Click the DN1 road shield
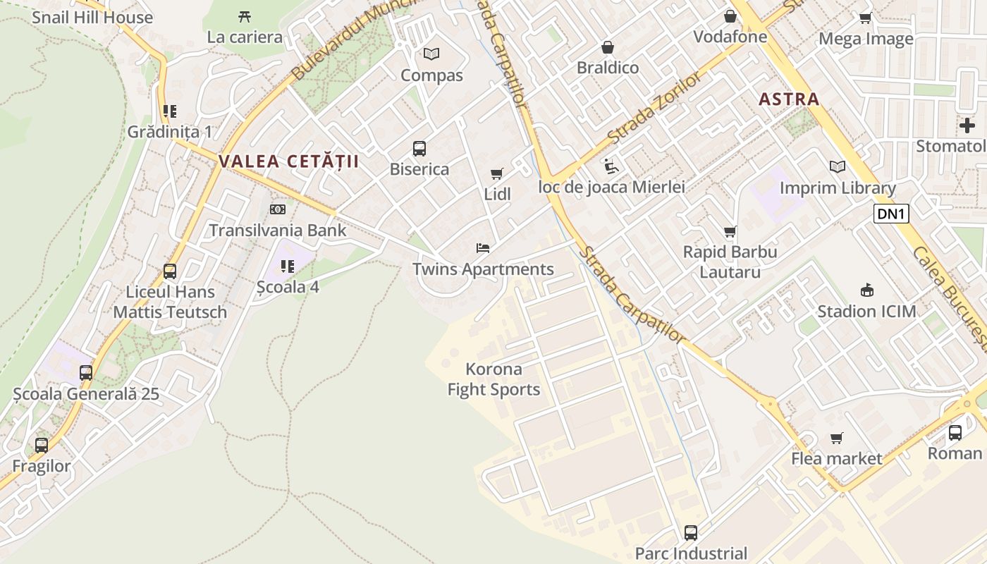coord(891,214)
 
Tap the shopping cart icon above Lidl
coord(497,173)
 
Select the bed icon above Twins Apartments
coord(483,248)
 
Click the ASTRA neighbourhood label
coord(789,99)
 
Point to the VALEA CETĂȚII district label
coord(288,161)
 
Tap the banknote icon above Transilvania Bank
coord(278,209)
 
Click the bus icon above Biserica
coord(419,149)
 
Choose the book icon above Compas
coord(431,54)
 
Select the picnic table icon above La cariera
coord(245,16)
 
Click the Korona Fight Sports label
coord(494,379)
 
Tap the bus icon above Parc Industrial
coord(691,533)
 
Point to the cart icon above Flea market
coord(837,439)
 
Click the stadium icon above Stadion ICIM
coord(866,290)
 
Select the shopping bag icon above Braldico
coord(607,47)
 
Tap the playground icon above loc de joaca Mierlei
coord(611,166)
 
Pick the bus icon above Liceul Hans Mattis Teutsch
coord(170,271)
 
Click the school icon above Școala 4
coord(288,266)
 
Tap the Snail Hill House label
coord(92,18)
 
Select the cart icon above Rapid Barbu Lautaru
coord(730,231)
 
